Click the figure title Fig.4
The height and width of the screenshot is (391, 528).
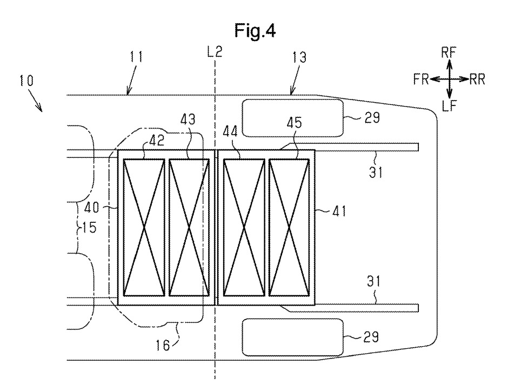255,31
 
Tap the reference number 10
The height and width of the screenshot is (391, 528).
26,81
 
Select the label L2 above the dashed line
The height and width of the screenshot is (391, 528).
215,52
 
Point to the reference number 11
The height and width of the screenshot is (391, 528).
136,57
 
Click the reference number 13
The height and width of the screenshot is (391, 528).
299,57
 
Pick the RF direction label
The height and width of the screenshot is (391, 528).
449,52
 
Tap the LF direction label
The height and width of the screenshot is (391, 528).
449,106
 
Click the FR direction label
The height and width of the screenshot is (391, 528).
421,79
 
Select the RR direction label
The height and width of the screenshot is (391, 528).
477,79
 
